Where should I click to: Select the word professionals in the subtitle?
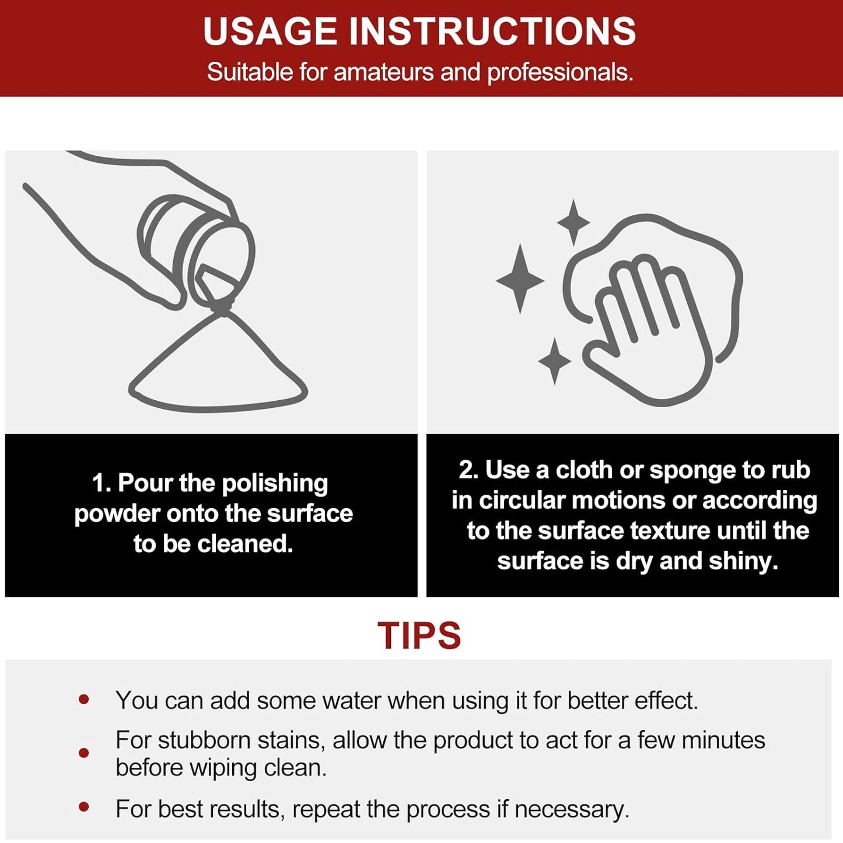561,72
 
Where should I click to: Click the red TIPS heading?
419,635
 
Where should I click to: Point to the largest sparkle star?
520,279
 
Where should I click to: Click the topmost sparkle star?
573,222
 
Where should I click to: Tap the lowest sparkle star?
554,361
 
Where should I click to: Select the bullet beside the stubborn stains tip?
83,753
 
